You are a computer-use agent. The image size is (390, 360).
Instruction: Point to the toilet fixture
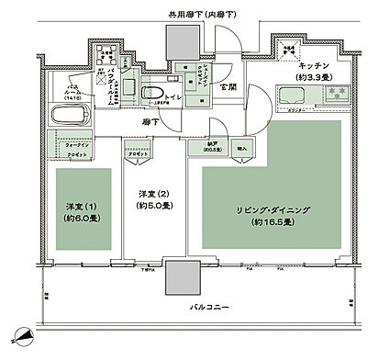[151, 93]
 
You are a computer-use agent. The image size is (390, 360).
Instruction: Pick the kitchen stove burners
[331, 94]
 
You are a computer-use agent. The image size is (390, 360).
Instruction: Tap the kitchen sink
[295, 95]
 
